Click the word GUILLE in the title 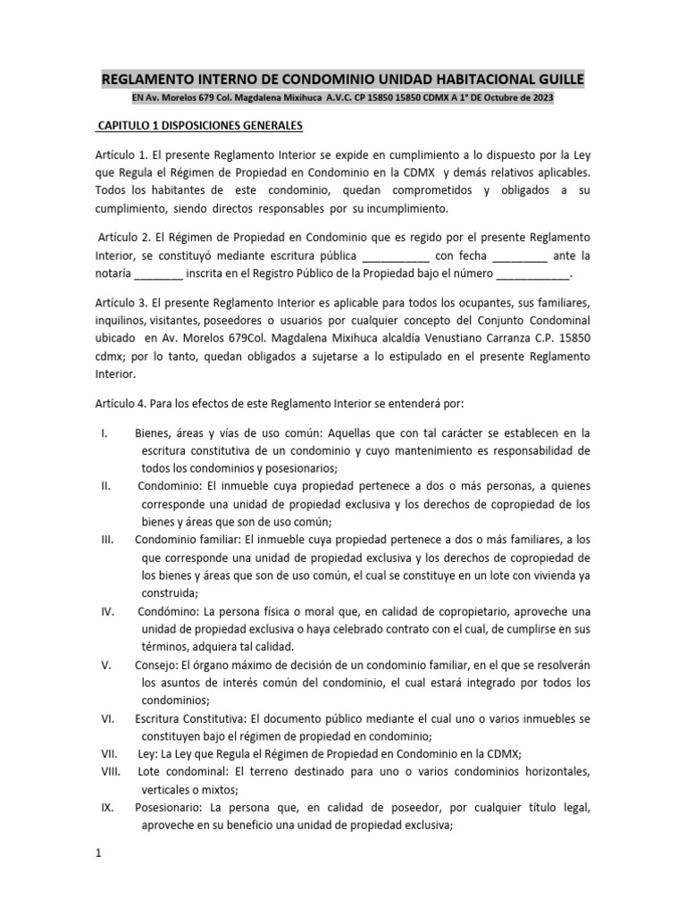pyautogui.click(x=556, y=78)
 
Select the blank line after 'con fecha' pyautogui.click(x=520, y=257)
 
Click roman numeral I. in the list pyautogui.click(x=105, y=433)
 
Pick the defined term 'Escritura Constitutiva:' pyautogui.click(x=188, y=718)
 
